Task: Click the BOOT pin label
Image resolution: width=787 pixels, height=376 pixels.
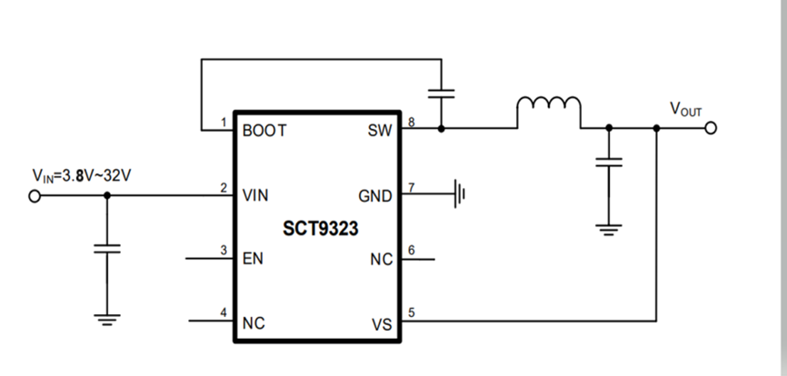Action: click(x=264, y=131)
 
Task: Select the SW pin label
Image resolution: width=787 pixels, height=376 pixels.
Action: click(x=381, y=131)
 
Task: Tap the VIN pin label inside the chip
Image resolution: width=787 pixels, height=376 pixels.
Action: click(x=255, y=195)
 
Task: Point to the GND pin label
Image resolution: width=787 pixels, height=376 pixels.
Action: click(x=376, y=195)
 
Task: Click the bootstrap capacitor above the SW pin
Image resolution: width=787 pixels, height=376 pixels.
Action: click(x=442, y=93)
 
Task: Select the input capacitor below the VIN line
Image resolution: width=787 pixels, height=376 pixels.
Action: click(x=107, y=249)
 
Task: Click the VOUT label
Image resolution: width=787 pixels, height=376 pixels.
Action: click(x=686, y=109)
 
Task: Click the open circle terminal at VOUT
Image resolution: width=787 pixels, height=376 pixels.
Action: click(x=711, y=128)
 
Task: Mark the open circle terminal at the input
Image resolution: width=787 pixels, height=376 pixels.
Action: click(x=35, y=193)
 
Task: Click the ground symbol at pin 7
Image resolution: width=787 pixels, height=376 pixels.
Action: click(x=462, y=193)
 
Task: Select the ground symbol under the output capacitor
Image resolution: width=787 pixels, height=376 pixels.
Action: click(x=609, y=227)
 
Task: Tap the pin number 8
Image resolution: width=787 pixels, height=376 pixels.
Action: click(x=412, y=121)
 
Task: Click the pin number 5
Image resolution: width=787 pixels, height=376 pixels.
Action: click(x=412, y=313)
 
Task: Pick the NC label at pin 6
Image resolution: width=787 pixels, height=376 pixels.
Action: click(x=382, y=260)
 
